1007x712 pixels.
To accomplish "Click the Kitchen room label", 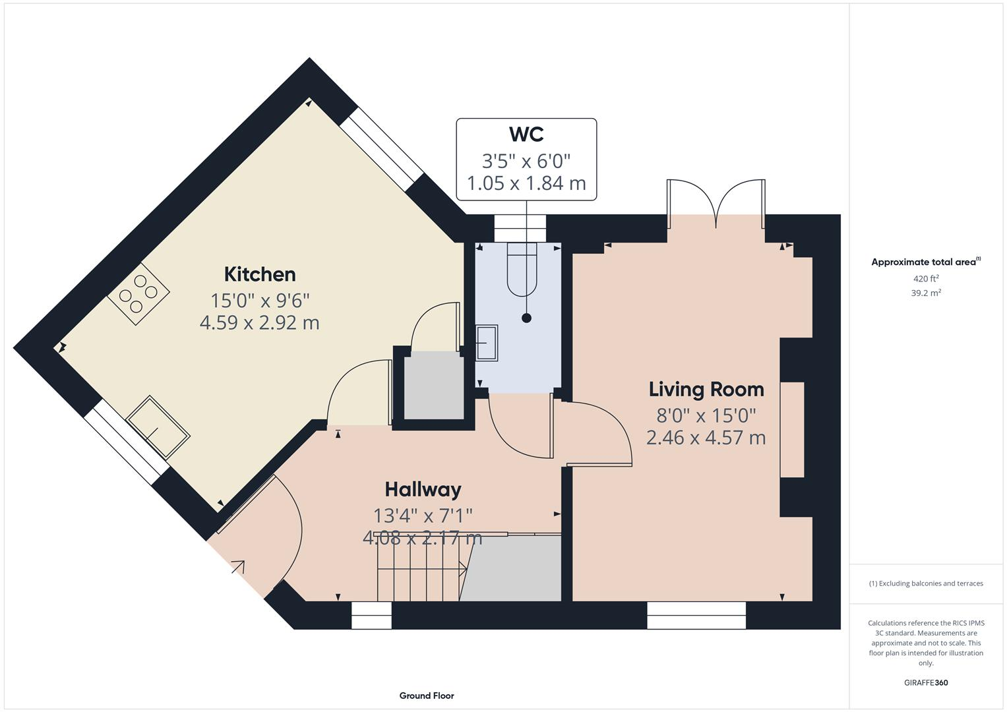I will (x=260, y=274).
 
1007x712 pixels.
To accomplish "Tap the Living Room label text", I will (x=706, y=390).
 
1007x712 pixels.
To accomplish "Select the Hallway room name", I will (x=423, y=490).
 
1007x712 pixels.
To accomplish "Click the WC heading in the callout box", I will (x=526, y=134).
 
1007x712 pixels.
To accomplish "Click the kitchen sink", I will (x=158, y=427).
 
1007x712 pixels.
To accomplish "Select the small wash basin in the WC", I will (x=487, y=342).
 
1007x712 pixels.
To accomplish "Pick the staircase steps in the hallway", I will (x=419, y=568).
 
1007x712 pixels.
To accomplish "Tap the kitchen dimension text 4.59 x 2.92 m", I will (x=260, y=323).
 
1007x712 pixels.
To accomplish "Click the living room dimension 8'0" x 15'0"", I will (x=706, y=415).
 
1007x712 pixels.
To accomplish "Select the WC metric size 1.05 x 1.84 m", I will (x=526, y=183).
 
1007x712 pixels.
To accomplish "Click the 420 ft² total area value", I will (x=926, y=279).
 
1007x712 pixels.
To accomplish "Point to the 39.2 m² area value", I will (x=926, y=293).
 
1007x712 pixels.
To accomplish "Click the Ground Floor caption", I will (x=427, y=696).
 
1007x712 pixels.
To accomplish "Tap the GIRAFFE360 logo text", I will (x=926, y=683).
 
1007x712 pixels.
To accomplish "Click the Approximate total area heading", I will (x=925, y=262).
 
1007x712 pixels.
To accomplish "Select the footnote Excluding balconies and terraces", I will (x=926, y=583).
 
